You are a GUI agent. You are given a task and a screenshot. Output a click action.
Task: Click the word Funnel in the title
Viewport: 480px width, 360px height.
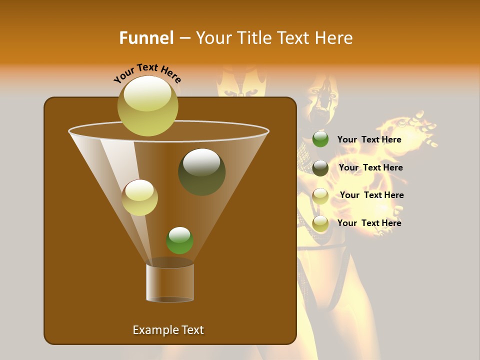click(x=146, y=38)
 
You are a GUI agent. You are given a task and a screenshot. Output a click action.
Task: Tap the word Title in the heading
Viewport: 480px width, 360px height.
click(x=253, y=38)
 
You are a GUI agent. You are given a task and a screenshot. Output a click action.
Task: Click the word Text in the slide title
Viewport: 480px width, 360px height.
click(x=293, y=38)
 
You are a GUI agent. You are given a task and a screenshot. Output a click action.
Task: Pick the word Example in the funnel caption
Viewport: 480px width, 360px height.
click(x=155, y=330)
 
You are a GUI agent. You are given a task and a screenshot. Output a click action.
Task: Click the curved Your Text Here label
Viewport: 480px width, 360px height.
click(x=147, y=73)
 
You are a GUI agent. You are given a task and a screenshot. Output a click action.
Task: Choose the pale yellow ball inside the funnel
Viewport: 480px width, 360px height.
click(x=140, y=197)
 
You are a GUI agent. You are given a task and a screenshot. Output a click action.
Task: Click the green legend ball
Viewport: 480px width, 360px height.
click(x=320, y=139)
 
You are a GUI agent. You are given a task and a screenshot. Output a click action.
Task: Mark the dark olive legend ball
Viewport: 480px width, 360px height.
click(x=320, y=168)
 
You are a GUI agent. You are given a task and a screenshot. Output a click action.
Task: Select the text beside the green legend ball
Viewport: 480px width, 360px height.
click(x=369, y=139)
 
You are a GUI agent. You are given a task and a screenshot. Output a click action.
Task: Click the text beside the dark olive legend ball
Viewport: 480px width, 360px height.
click(x=370, y=167)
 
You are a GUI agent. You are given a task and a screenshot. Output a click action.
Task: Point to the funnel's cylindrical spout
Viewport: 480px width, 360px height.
click(x=170, y=282)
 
